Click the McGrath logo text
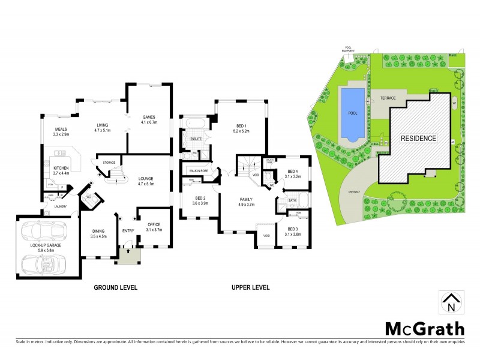(423, 328)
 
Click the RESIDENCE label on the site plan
(418, 138)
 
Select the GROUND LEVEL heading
(115, 287)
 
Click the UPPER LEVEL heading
(250, 287)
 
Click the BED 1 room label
(241, 124)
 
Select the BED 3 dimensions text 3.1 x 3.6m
(293, 234)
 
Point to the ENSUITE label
(196, 139)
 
